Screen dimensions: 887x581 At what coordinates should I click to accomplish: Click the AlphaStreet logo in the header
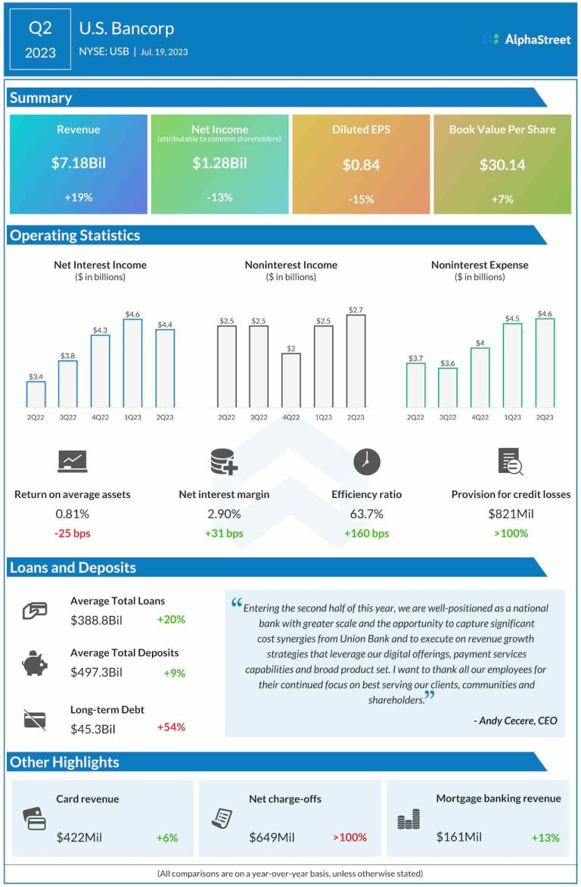tap(527, 39)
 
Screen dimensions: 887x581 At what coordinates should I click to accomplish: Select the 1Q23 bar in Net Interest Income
tap(132, 363)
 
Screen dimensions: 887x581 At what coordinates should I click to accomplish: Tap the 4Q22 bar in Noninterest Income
tap(291, 381)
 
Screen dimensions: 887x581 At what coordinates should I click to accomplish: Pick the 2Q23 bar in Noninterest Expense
tap(545, 363)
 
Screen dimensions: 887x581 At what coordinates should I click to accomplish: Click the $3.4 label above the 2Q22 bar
tap(36, 376)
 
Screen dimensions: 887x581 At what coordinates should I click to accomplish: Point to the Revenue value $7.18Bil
tap(79, 163)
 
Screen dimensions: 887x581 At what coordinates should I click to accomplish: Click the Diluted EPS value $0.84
tap(361, 164)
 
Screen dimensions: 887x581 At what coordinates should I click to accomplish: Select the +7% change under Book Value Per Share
tap(502, 199)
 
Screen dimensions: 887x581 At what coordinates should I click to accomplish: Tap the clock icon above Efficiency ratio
tap(367, 462)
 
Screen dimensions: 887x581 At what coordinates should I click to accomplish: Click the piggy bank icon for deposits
tap(35, 664)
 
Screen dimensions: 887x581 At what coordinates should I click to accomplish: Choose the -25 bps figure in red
tap(72, 534)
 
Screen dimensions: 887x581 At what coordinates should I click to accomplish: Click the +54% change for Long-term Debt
tap(171, 727)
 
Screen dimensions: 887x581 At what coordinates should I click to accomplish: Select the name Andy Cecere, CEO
tap(516, 720)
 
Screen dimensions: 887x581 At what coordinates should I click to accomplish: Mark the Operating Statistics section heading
tap(75, 235)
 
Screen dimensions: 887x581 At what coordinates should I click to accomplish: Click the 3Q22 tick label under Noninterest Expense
tap(448, 418)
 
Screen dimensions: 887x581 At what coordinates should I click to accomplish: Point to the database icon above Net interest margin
tap(224, 462)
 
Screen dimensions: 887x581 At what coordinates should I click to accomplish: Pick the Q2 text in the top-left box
tap(41, 29)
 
